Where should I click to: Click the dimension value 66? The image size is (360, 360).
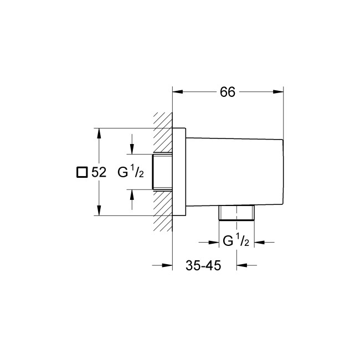pyautogui.click(x=228, y=93)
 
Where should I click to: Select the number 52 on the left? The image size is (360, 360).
pyautogui.click(x=98, y=173)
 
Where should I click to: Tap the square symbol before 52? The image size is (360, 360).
pyautogui.click(x=81, y=173)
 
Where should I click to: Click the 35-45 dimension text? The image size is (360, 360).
pyautogui.click(x=203, y=266)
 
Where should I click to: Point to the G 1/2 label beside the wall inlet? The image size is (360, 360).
pyautogui.click(x=131, y=172)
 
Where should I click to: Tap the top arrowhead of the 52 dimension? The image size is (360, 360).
pyautogui.click(x=99, y=133)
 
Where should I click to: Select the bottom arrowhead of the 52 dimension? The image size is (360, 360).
pyautogui.click(x=99, y=210)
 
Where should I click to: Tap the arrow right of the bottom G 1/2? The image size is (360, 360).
pyautogui.click(x=261, y=241)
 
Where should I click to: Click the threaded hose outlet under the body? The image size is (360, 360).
pyautogui.click(x=236, y=214)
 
